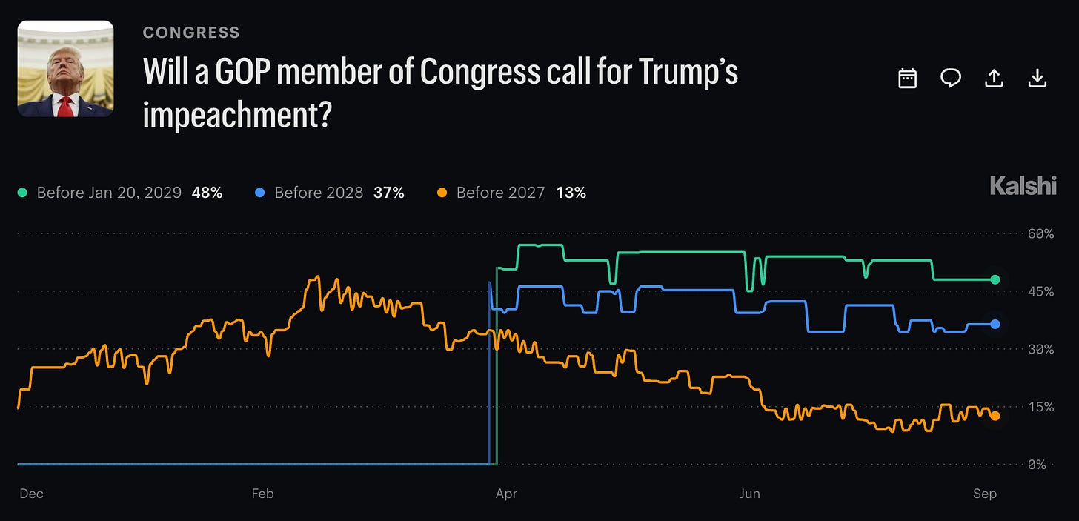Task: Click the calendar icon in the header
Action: tap(908, 79)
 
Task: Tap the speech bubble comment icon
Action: tap(950, 78)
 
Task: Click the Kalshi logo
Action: tap(1023, 186)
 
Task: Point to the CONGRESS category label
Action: tap(191, 33)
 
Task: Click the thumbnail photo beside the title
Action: tap(65, 68)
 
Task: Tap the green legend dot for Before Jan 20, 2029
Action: tap(22, 193)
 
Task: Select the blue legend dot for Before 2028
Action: tap(259, 193)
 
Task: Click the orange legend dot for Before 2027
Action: tap(442, 193)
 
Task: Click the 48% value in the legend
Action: tap(207, 193)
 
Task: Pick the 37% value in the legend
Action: tap(389, 193)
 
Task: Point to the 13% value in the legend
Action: tap(571, 193)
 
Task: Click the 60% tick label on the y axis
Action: tap(1040, 234)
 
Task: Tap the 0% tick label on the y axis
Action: tap(1037, 465)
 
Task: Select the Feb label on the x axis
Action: tap(262, 494)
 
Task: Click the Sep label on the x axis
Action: tap(985, 494)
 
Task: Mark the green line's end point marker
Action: tap(995, 279)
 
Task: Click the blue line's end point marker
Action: tap(995, 325)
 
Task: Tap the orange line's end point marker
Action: tap(995, 416)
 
